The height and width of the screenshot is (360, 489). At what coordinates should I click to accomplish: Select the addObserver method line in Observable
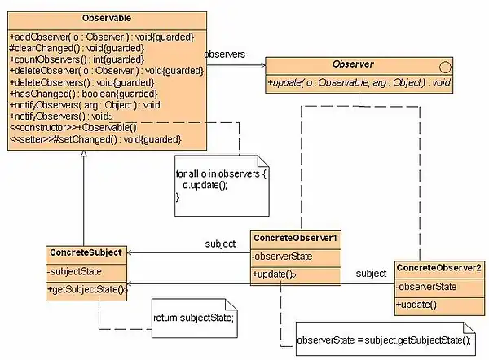[102, 37]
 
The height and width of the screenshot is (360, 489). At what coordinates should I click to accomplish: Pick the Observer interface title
[352, 64]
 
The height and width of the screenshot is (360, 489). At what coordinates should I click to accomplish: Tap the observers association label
[224, 54]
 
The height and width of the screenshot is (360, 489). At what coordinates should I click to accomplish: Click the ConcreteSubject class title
[86, 253]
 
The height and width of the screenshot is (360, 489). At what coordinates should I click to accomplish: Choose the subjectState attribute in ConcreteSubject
[76, 271]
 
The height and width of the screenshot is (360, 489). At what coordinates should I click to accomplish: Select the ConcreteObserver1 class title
[295, 239]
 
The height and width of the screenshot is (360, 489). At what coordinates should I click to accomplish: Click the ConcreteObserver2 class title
[438, 267]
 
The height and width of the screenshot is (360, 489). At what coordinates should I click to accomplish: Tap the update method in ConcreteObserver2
[416, 305]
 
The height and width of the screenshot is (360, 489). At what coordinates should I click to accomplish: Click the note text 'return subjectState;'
[194, 317]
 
